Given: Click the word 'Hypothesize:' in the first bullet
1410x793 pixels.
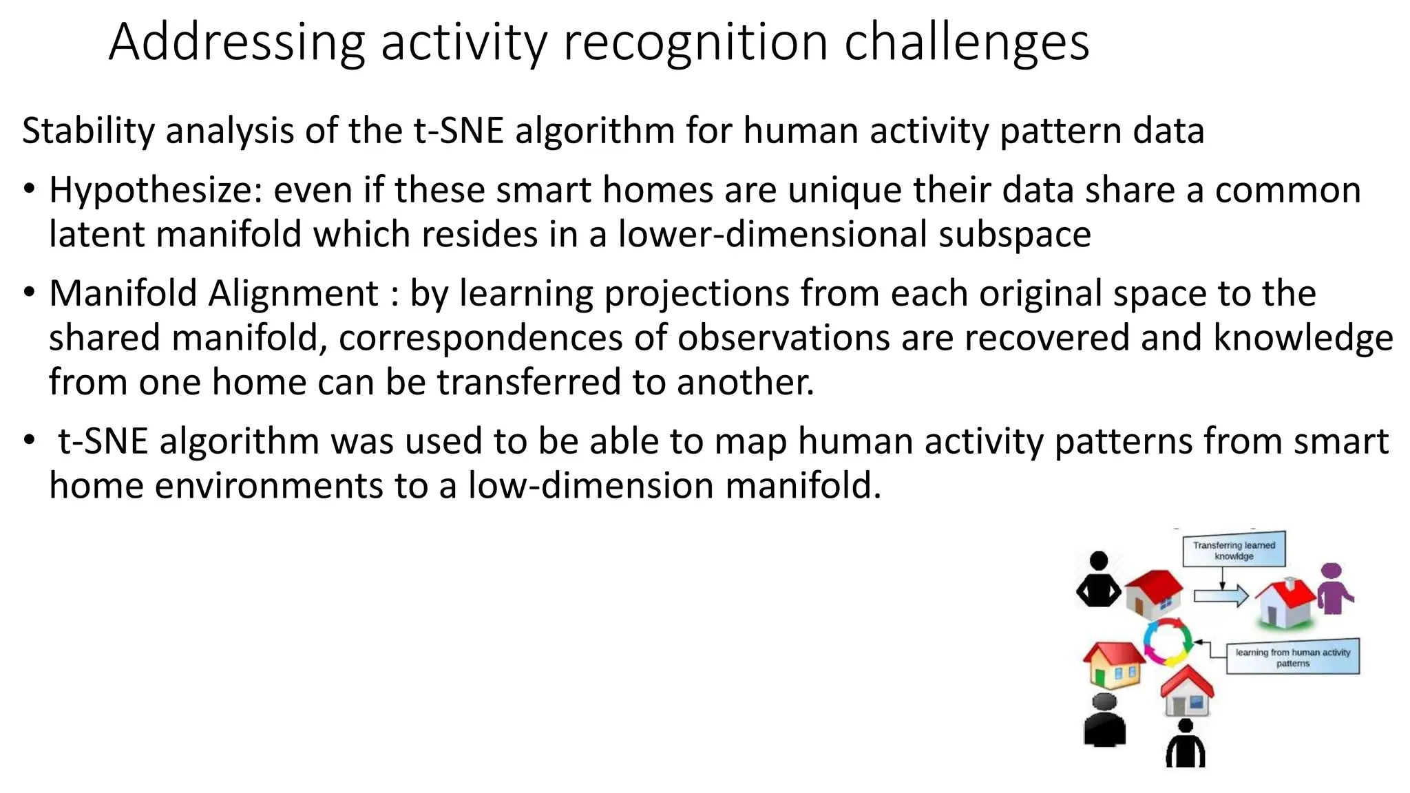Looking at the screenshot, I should [156, 191].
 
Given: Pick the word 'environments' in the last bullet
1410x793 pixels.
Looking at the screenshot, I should [269, 486].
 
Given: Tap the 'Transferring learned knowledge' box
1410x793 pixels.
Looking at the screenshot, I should [1234, 550].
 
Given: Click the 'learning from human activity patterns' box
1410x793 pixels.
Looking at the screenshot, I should [1292, 657].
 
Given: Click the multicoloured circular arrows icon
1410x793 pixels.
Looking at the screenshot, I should [1168, 642].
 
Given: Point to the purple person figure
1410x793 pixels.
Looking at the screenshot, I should [1334, 589].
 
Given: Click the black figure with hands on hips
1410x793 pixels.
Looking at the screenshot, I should [1098, 580].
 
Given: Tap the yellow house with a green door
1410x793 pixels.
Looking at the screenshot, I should [1113, 664].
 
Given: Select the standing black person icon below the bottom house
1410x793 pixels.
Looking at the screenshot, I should [1185, 745].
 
